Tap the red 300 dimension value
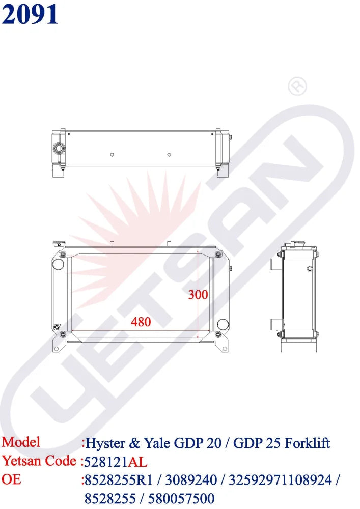point(198,294)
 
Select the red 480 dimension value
point(141,322)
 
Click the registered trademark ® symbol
point(297,87)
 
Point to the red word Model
point(21,442)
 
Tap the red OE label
point(11,479)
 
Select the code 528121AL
point(117,462)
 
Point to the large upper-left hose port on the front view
point(59,265)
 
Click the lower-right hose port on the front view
point(222,324)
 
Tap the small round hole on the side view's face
point(309,268)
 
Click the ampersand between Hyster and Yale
point(135,443)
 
